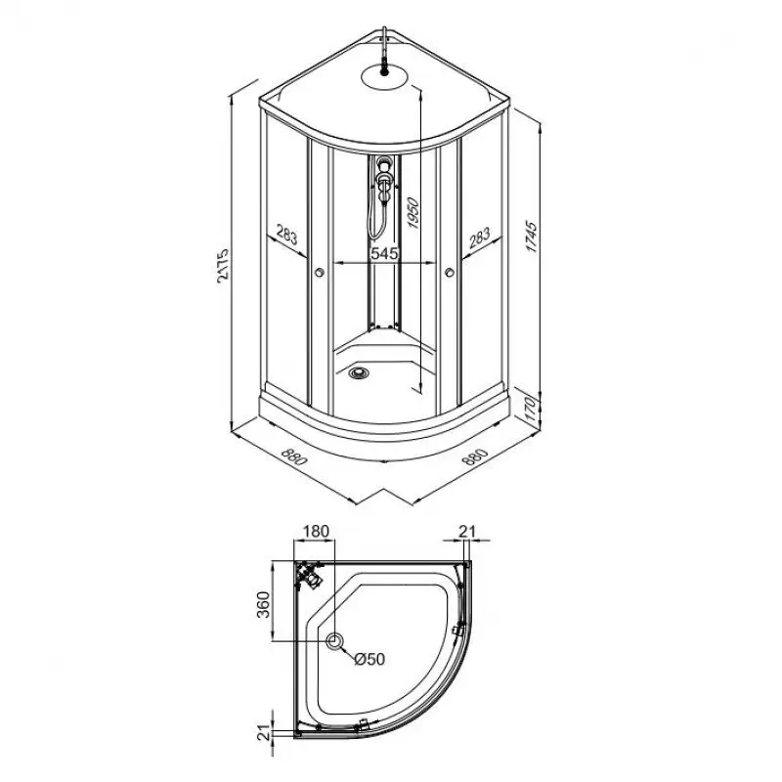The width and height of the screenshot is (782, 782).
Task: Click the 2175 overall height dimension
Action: click(223, 265)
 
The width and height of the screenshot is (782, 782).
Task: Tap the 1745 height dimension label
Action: click(532, 237)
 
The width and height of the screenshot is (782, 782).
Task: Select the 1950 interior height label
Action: click(413, 212)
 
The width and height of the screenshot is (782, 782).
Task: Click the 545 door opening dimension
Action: click(384, 253)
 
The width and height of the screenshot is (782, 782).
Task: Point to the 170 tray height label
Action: click(531, 408)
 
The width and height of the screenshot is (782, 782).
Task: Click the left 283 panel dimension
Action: click(286, 235)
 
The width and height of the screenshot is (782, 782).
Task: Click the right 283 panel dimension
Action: click(479, 238)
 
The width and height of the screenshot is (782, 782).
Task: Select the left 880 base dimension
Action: click(294, 456)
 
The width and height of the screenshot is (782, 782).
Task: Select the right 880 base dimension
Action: click(475, 456)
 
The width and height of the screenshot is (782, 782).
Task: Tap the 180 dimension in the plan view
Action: click(316, 531)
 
